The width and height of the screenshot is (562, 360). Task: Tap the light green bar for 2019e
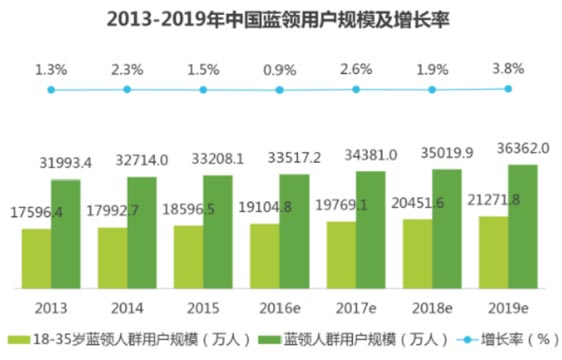pos(493,251)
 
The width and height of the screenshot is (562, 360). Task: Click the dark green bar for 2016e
pos(294,230)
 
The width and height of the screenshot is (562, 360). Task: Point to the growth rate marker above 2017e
pos(355,89)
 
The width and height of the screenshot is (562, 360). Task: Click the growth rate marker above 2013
pos(51,90)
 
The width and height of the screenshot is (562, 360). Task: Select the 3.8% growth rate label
pos(507,69)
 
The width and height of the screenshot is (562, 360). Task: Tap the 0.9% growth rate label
pos(279,69)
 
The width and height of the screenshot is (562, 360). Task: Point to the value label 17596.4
pos(37,212)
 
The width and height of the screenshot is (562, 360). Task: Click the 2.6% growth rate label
pos(355,69)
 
